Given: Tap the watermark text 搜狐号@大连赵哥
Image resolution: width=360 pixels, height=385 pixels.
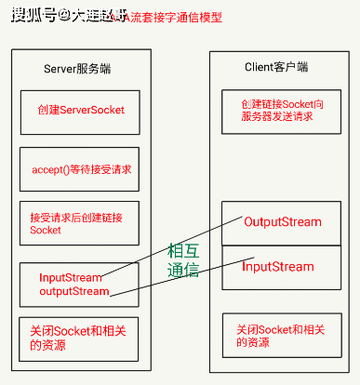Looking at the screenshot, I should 71,16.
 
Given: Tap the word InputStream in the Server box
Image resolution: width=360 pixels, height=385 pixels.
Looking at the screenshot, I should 71,277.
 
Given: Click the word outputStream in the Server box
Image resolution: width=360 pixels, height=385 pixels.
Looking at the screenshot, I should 73,291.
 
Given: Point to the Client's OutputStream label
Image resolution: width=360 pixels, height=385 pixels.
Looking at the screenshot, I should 282,222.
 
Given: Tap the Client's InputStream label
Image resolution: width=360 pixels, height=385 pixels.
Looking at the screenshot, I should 278,267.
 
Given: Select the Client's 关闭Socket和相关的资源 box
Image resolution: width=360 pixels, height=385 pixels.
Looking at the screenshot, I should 277,336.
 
